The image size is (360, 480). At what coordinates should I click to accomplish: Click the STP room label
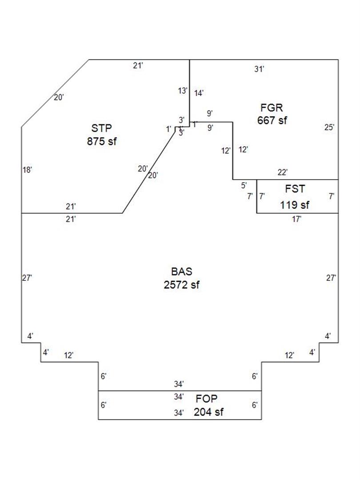(x=101, y=129)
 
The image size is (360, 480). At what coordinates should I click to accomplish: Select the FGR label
(x=271, y=108)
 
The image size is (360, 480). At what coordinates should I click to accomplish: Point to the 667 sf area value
(x=272, y=120)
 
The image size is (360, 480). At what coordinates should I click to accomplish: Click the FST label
(x=295, y=189)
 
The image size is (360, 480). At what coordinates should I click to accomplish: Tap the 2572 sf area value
(x=181, y=285)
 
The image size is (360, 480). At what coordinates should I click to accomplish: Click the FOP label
(x=207, y=399)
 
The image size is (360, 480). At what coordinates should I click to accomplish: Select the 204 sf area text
(x=208, y=412)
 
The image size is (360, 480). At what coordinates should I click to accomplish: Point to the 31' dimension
(x=260, y=69)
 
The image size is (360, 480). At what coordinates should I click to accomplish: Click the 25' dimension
(x=329, y=128)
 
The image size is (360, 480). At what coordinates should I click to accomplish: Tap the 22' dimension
(x=283, y=172)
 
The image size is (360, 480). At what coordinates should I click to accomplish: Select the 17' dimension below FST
(x=297, y=219)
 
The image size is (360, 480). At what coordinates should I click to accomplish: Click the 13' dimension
(x=183, y=91)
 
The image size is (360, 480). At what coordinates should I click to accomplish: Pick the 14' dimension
(x=199, y=93)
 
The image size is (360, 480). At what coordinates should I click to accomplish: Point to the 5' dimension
(x=244, y=185)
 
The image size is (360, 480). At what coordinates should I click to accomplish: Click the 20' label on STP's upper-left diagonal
(x=59, y=97)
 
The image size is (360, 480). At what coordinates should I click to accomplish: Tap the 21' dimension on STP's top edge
(x=138, y=66)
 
